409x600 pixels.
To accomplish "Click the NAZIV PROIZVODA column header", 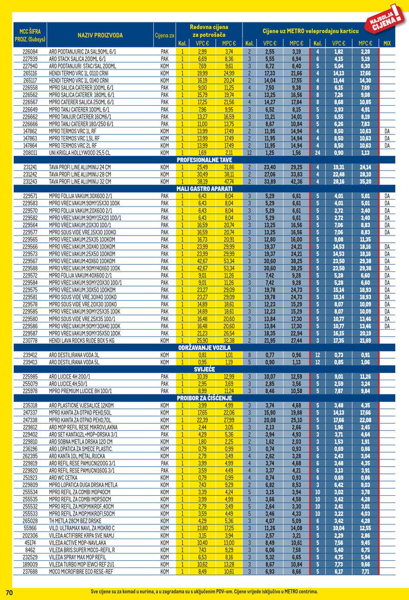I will click(100, 35).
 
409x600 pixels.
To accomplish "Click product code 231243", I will click(31, 181).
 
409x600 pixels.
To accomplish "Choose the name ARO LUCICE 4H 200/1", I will click(71, 376).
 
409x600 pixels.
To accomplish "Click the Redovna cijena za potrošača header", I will click(209, 31).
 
